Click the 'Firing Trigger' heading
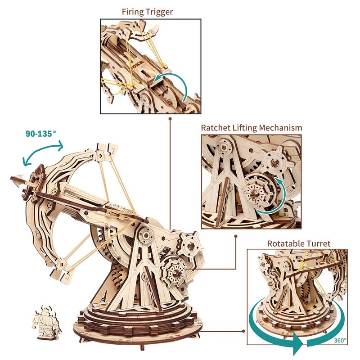147,12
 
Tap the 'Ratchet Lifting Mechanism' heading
252,128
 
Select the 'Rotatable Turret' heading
299,243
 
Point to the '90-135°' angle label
41,133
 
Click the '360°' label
340,340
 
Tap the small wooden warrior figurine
46,322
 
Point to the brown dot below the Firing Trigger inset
170,119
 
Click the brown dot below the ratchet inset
235,236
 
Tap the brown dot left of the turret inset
243,331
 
